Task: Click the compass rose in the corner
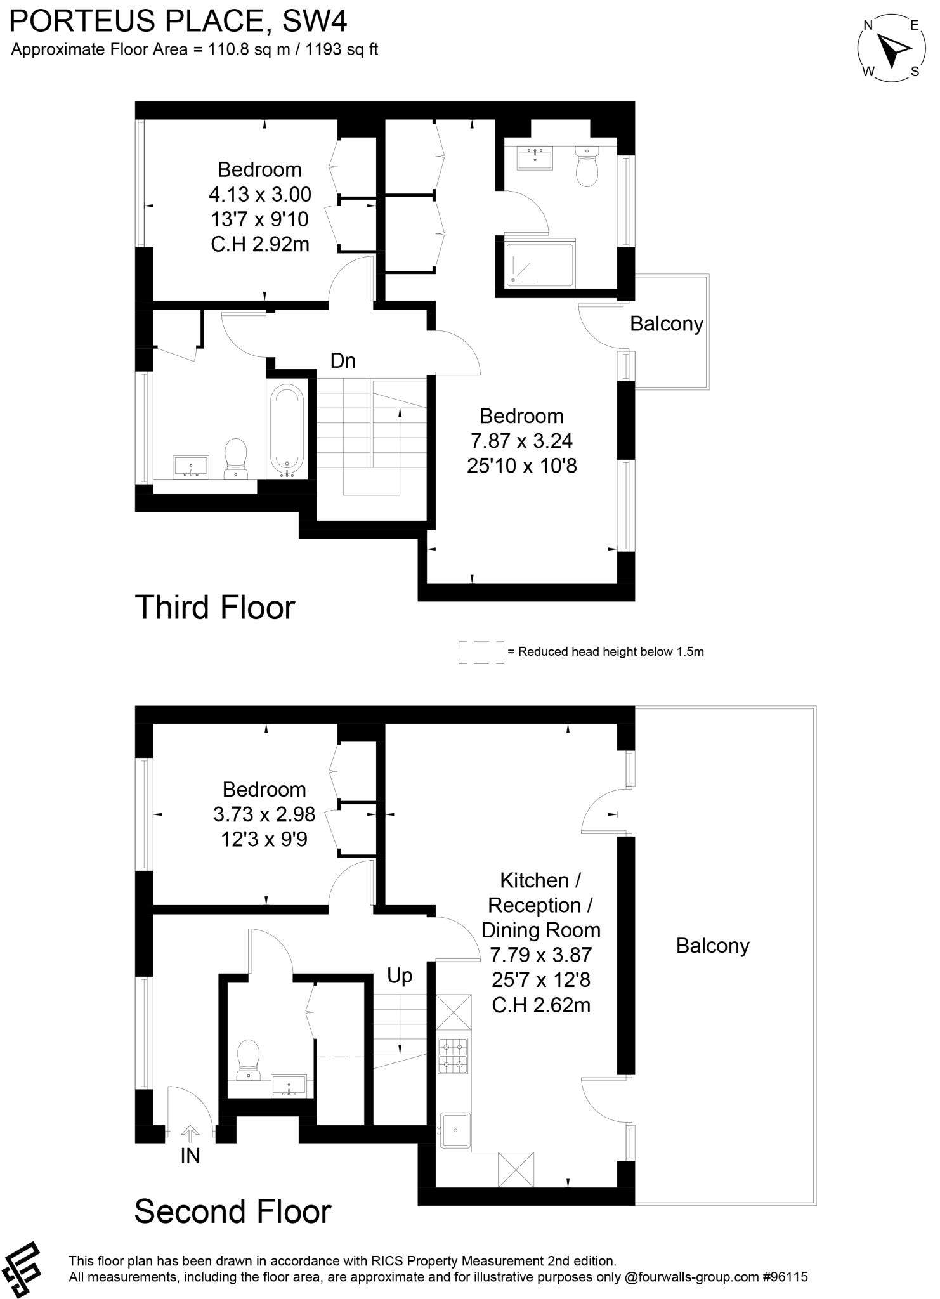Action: [x=891, y=49]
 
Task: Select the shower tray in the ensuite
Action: [x=540, y=262]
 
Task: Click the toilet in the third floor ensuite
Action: [x=587, y=166]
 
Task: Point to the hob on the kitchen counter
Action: [x=453, y=1055]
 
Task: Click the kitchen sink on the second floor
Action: [x=455, y=1130]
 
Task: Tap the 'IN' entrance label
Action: [x=190, y=1156]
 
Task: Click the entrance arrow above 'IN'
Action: [x=190, y=1133]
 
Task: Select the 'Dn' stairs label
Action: [x=343, y=361]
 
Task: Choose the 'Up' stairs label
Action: [x=400, y=976]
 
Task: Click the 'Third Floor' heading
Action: [x=215, y=607]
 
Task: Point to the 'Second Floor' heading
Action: [x=233, y=1211]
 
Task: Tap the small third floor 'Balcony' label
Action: [x=666, y=324]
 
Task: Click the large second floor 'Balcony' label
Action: [x=712, y=946]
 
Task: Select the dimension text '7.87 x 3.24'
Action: [x=521, y=441]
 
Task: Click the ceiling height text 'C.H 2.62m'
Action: [x=540, y=1005]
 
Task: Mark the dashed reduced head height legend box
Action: [x=481, y=652]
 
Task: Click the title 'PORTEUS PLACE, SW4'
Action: [x=179, y=22]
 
